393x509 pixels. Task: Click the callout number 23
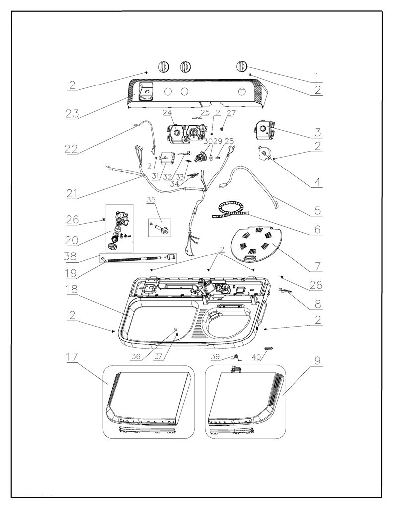pyautogui.click(x=72, y=113)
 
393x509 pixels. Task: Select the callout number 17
pyautogui.click(x=72, y=357)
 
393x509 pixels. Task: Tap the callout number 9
pyautogui.click(x=317, y=361)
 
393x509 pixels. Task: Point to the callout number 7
pyautogui.click(x=317, y=266)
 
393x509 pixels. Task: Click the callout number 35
pyautogui.click(x=151, y=200)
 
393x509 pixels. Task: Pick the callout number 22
pyautogui.click(x=72, y=148)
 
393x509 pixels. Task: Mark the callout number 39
pyautogui.click(x=215, y=357)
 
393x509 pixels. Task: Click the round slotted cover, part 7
pyautogui.click(x=256, y=245)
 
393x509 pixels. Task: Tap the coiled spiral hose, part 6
pyautogui.click(x=231, y=210)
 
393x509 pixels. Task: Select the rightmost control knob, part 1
pyautogui.click(x=241, y=66)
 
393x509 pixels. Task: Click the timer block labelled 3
pyautogui.click(x=264, y=129)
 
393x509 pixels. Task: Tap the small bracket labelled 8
pyautogui.click(x=285, y=290)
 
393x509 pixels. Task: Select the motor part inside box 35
pyautogui.click(x=159, y=226)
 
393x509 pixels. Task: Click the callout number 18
pyautogui.click(x=72, y=289)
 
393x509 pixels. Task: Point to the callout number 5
pyautogui.click(x=317, y=210)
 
